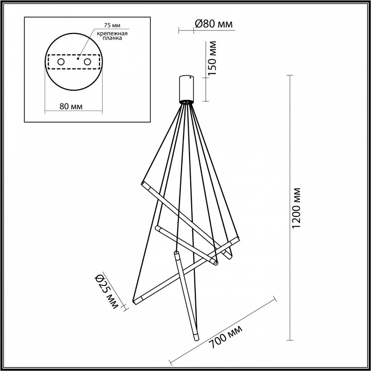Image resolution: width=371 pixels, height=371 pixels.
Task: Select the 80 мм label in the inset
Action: [x=72, y=106]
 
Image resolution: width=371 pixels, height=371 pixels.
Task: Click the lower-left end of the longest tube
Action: [x=136, y=301]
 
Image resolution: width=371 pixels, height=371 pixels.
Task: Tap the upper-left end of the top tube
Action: [x=142, y=182]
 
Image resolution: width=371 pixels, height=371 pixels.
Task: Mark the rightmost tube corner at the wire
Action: [x=238, y=238]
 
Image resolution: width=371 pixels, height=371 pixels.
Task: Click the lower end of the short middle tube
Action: [x=216, y=263]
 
